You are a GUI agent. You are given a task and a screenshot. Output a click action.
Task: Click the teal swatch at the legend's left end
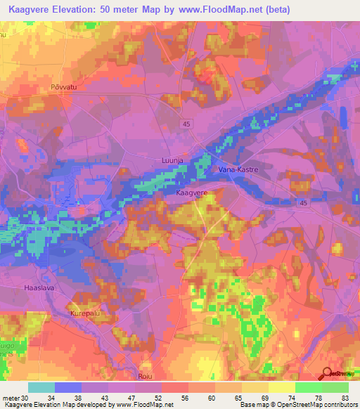(41, 387)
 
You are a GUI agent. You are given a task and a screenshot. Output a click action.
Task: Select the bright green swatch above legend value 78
(309, 387)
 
